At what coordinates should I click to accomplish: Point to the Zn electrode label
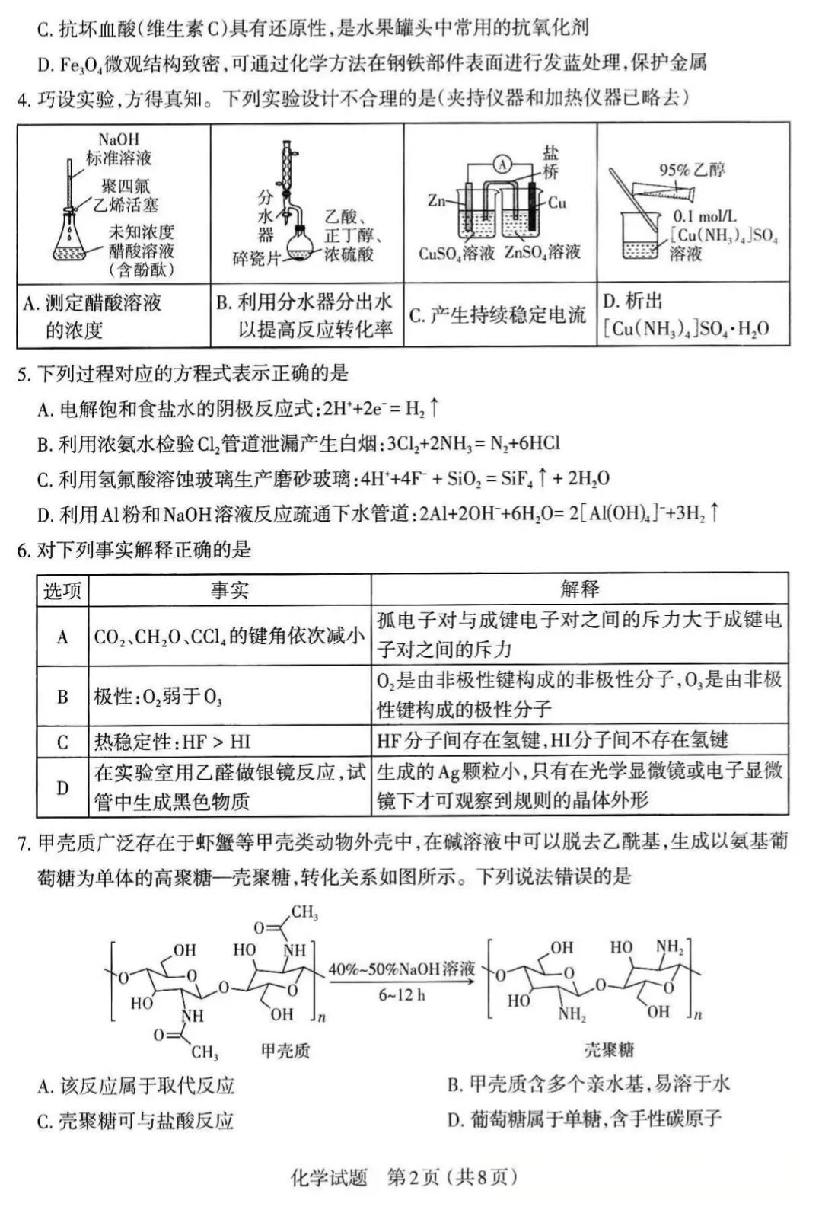tap(436, 201)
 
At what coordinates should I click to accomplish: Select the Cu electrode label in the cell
tap(557, 203)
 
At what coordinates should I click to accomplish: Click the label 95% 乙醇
tap(691, 170)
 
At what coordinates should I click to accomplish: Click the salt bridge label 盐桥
tap(550, 162)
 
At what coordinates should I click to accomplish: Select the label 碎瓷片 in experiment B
tap(256, 259)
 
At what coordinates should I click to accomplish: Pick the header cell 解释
tap(579, 589)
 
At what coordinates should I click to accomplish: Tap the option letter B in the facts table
tap(62, 697)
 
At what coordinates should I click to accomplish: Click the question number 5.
tap(24, 374)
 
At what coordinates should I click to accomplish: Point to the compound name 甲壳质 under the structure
tap(285, 1051)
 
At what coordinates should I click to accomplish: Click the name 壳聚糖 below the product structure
tap(609, 1050)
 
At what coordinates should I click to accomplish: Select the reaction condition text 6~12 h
tap(402, 994)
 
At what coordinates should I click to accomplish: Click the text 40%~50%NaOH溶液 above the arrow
tap(402, 969)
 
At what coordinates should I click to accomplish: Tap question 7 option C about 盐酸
tap(135, 1120)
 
